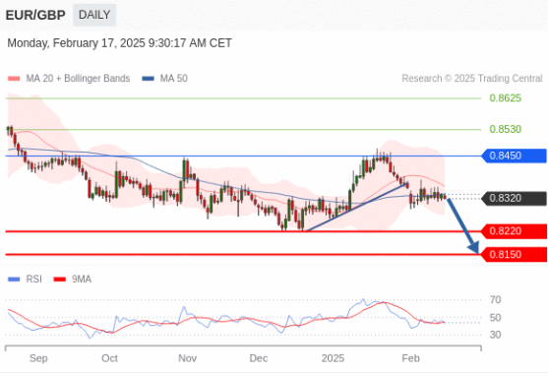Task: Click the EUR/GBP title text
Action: click(x=35, y=15)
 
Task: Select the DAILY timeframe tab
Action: click(x=94, y=15)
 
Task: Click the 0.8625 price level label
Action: click(x=505, y=98)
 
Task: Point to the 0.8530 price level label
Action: click(x=505, y=129)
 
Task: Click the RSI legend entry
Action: click(x=34, y=280)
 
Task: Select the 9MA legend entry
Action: click(x=81, y=280)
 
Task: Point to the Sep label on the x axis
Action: click(x=38, y=358)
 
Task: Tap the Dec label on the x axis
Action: click(x=259, y=358)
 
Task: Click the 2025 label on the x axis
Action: click(x=334, y=358)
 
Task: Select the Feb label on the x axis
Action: click(x=411, y=358)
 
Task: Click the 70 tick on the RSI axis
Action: click(x=496, y=299)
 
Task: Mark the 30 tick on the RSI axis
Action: click(x=496, y=335)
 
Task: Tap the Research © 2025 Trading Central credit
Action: click(x=471, y=78)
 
